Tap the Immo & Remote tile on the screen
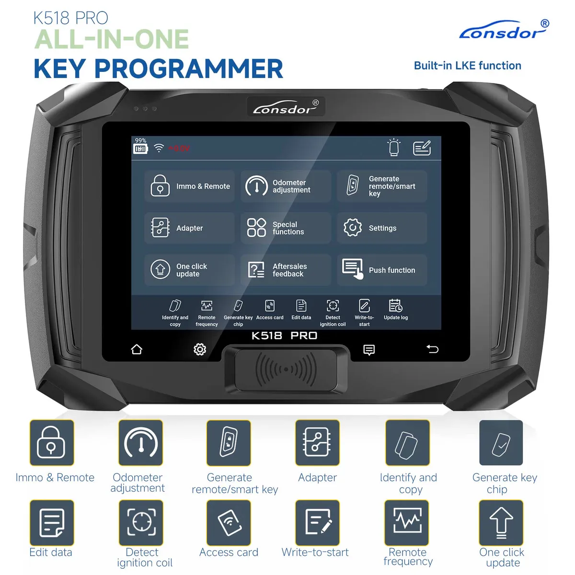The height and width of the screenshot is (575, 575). point(190,186)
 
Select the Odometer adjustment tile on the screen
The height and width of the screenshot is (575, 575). point(286,186)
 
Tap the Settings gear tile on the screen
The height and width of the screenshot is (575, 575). point(381,228)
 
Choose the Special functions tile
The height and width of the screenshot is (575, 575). point(286,228)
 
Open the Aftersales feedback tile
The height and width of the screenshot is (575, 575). point(286,270)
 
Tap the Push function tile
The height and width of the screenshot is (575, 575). point(381,270)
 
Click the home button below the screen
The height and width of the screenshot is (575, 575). point(137,349)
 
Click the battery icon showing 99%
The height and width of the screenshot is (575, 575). point(140,149)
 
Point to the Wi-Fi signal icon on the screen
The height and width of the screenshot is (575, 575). point(159,149)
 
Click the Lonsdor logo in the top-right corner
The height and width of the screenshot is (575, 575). point(503,31)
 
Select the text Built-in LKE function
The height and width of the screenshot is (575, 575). point(467,66)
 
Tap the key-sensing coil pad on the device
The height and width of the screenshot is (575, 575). point(286,369)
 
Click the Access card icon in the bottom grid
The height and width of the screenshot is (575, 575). point(229,523)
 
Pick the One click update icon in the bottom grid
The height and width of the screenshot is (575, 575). point(501,523)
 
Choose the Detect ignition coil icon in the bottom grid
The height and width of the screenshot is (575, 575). point(141,523)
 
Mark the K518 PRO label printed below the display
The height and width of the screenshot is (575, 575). point(285,335)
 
